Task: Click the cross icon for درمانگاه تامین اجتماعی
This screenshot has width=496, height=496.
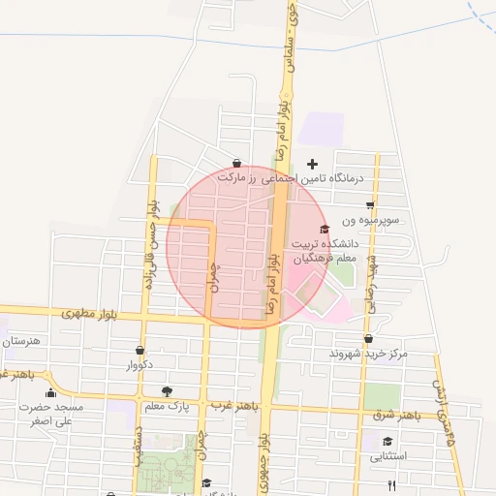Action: point(312,164)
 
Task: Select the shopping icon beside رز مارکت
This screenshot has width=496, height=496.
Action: point(237,164)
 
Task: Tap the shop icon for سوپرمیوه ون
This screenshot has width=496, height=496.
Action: point(370,205)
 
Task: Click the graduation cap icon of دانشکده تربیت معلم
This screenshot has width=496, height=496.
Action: point(324,229)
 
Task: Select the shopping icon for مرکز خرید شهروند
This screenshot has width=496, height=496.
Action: point(368,339)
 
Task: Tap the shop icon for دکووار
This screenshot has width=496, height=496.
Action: point(140,351)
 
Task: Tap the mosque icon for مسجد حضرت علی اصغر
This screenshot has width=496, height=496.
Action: point(50,393)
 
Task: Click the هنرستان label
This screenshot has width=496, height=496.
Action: point(21,342)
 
